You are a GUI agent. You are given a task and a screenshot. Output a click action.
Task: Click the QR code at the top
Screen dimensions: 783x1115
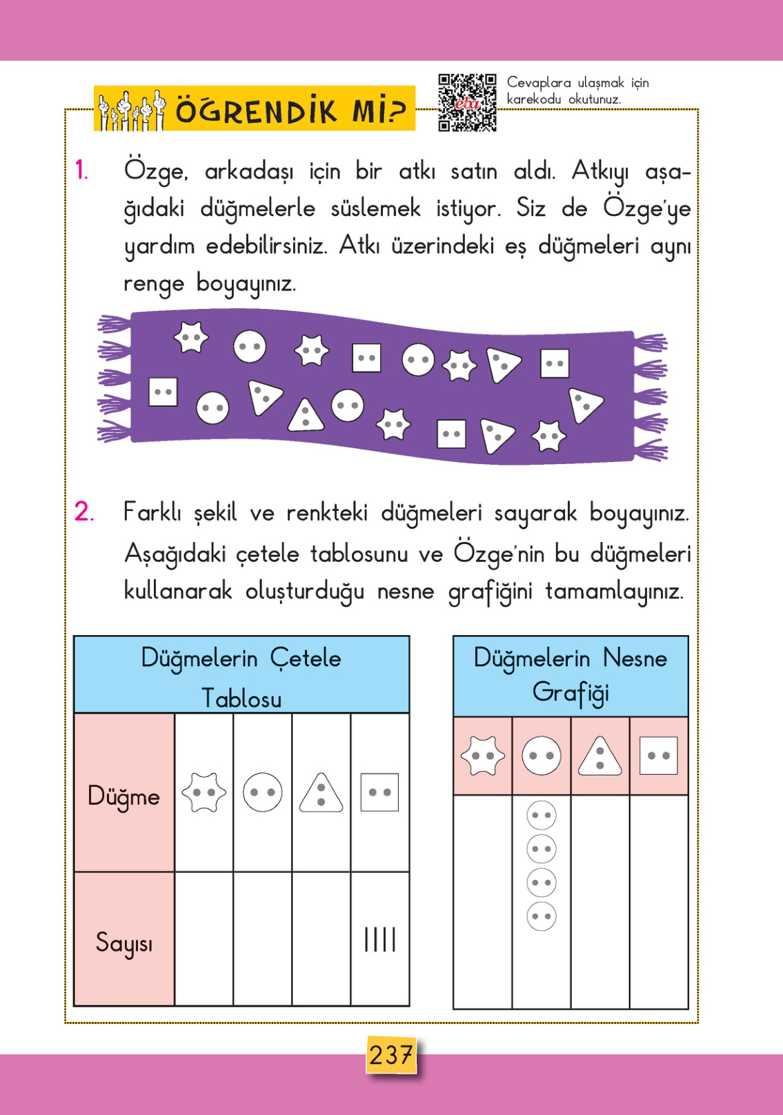467,102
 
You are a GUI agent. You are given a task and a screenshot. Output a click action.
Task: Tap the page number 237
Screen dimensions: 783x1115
390,1054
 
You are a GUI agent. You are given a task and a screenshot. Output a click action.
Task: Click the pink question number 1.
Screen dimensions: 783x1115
81,170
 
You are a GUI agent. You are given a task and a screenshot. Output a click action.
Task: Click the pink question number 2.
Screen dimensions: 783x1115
83,512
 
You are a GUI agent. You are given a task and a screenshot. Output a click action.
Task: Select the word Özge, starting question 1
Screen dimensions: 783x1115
155,170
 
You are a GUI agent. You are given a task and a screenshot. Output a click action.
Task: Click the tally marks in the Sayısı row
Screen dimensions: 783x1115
380,939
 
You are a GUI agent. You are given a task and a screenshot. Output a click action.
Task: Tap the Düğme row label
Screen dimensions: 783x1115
123,796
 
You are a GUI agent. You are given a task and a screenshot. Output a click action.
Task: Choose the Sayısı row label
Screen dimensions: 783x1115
123,942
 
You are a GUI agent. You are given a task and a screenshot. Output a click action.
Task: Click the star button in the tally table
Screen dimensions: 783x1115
204,792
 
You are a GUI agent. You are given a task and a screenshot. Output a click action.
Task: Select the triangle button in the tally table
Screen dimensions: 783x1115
321,793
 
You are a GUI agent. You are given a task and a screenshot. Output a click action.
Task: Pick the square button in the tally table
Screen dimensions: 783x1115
379,792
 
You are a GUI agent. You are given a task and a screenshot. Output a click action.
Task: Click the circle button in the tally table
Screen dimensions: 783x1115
263,792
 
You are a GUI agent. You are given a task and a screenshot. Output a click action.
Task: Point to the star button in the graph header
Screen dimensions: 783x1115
482,756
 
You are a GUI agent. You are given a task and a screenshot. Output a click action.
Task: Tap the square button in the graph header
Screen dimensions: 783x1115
659,756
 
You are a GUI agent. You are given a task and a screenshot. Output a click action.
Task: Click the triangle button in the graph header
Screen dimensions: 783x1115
599,756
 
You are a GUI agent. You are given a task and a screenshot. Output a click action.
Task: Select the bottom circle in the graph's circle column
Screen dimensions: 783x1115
542,916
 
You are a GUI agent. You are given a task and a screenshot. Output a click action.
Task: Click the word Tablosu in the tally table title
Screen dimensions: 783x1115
241,699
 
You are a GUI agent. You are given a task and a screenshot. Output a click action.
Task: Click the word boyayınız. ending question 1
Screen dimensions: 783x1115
246,283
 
